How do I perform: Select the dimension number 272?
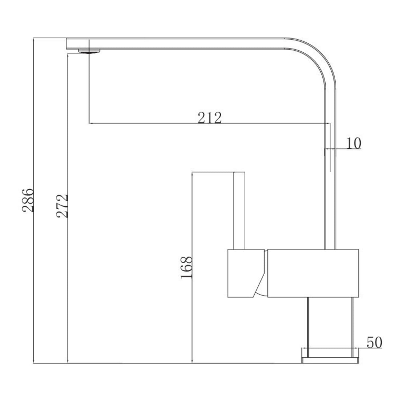tap(62, 206)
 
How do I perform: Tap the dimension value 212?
tap(209, 118)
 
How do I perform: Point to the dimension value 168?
tap(187, 268)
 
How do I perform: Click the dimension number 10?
tap(354, 143)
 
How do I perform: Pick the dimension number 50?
tap(374, 342)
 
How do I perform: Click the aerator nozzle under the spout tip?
tap(89, 51)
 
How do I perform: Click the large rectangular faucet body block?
tap(313, 273)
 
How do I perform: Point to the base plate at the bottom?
tap(331, 360)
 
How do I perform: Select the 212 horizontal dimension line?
tap(149, 124)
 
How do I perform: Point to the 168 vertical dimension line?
tap(193, 315)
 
